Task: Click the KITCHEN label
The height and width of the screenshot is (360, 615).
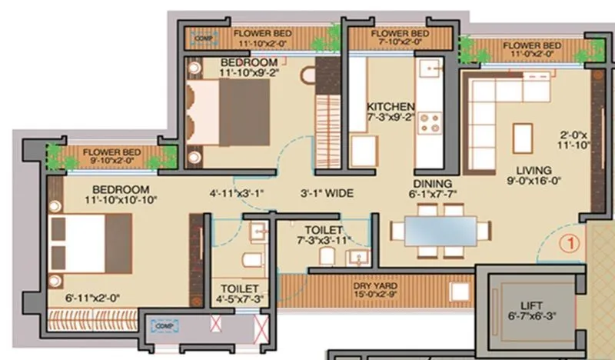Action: point(391,106)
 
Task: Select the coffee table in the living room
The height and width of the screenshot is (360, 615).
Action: point(522,138)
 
